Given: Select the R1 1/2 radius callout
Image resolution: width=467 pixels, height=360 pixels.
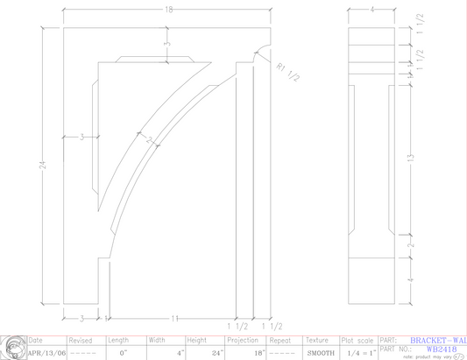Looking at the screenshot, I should pyautogui.click(x=287, y=71).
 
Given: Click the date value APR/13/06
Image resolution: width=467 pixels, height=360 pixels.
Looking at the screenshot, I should pyautogui.click(x=46, y=353).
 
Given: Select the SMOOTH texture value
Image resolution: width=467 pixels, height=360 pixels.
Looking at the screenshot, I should pyautogui.click(x=321, y=353).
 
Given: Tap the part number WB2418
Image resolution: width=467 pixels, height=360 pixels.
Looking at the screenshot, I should pyautogui.click(x=436, y=348).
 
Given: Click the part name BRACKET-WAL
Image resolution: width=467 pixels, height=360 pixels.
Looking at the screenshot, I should pyautogui.click(x=437, y=340).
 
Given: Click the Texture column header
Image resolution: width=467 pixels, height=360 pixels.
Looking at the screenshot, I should pyautogui.click(x=317, y=340).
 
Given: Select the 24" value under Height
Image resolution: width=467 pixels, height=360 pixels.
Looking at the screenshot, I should pyautogui.click(x=217, y=353).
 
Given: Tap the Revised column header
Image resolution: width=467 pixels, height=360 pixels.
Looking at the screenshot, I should pyautogui.click(x=81, y=340).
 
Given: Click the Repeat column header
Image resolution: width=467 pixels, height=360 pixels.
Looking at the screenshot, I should pyautogui.click(x=280, y=340).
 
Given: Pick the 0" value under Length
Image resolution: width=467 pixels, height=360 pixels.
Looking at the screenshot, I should pyautogui.click(x=124, y=353).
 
